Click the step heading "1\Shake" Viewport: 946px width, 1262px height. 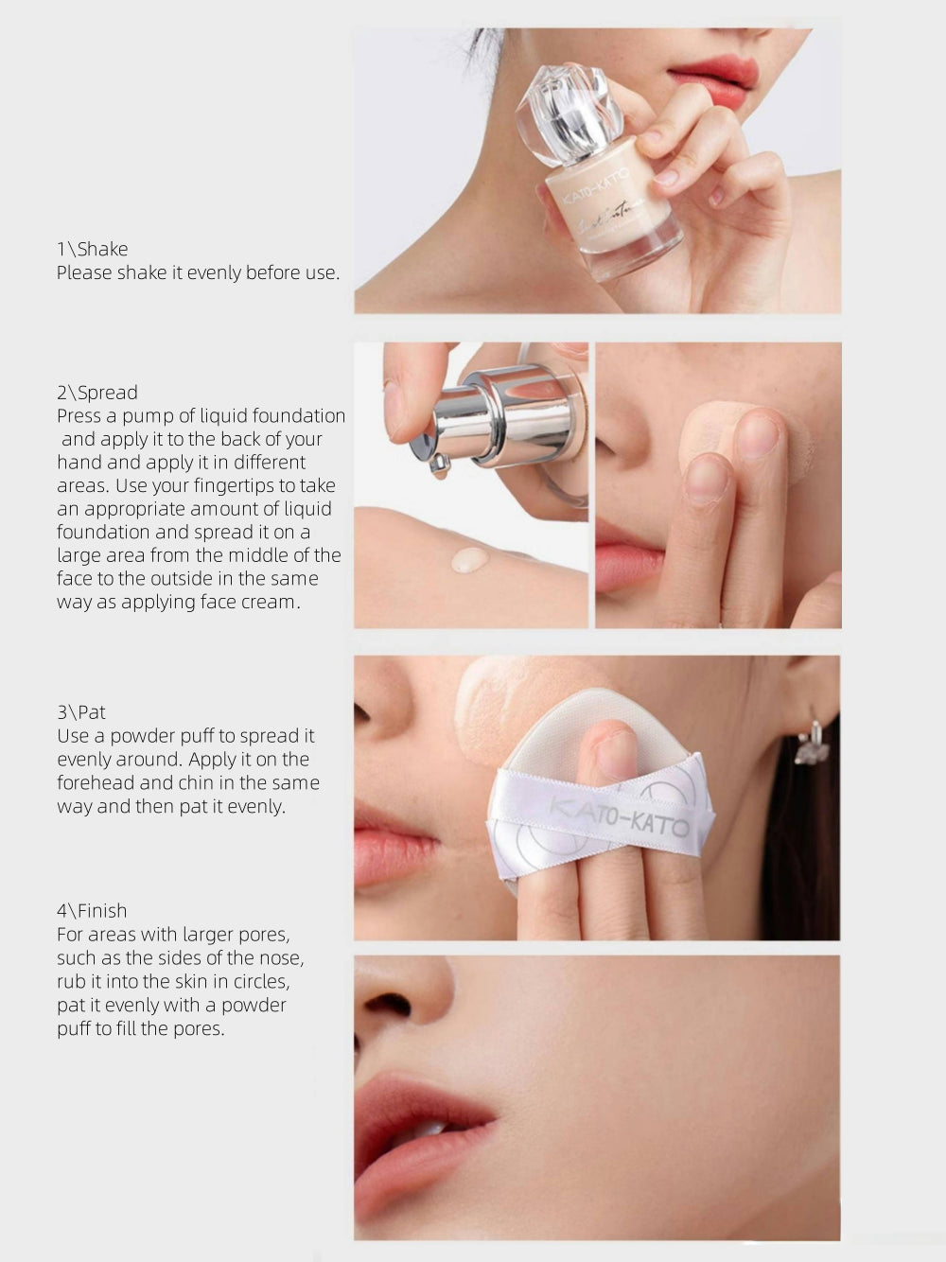click(92, 249)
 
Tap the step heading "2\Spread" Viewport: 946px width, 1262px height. click(96, 393)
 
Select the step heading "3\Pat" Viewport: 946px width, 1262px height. click(81, 712)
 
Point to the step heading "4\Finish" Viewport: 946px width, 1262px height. click(92, 911)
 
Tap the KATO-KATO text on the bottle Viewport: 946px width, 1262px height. click(597, 185)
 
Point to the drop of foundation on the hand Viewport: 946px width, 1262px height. click(470, 560)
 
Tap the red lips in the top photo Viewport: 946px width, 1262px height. click(714, 79)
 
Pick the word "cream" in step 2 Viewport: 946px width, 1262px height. click(271, 603)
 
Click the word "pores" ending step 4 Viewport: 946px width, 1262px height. click(197, 1029)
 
